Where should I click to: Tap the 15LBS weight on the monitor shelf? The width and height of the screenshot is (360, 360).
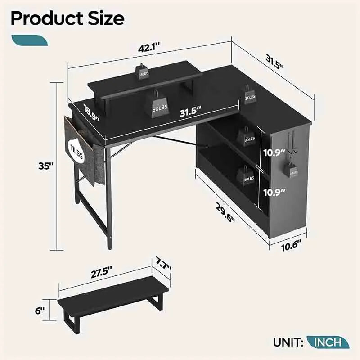pos(143,72)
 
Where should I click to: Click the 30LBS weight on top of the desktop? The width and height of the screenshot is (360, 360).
pos(250,96)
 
